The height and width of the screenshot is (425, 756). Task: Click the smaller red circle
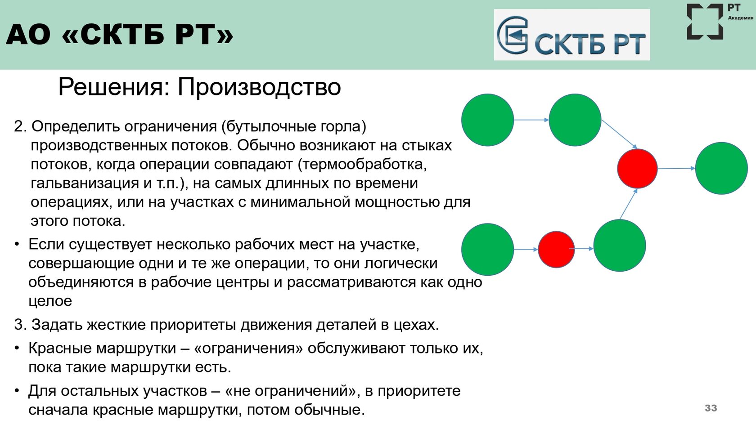[556, 249]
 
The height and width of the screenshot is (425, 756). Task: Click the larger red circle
[637, 168]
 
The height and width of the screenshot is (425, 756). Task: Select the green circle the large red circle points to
[721, 168]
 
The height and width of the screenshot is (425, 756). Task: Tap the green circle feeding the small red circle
[487, 249]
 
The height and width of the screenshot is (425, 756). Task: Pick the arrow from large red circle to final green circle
[676, 168]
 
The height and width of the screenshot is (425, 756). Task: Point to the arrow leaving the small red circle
[581, 249]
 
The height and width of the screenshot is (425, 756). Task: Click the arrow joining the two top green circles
[531, 120]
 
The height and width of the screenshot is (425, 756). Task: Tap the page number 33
[711, 408]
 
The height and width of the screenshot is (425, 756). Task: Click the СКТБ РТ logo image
[571, 35]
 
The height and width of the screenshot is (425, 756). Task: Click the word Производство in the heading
[259, 87]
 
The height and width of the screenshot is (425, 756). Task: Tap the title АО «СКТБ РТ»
[120, 34]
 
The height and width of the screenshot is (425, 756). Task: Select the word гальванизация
[85, 183]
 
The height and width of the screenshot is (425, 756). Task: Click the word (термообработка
[362, 164]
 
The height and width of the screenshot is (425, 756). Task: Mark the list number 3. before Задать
[21, 325]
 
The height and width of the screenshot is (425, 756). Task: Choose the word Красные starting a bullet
[60, 348]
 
